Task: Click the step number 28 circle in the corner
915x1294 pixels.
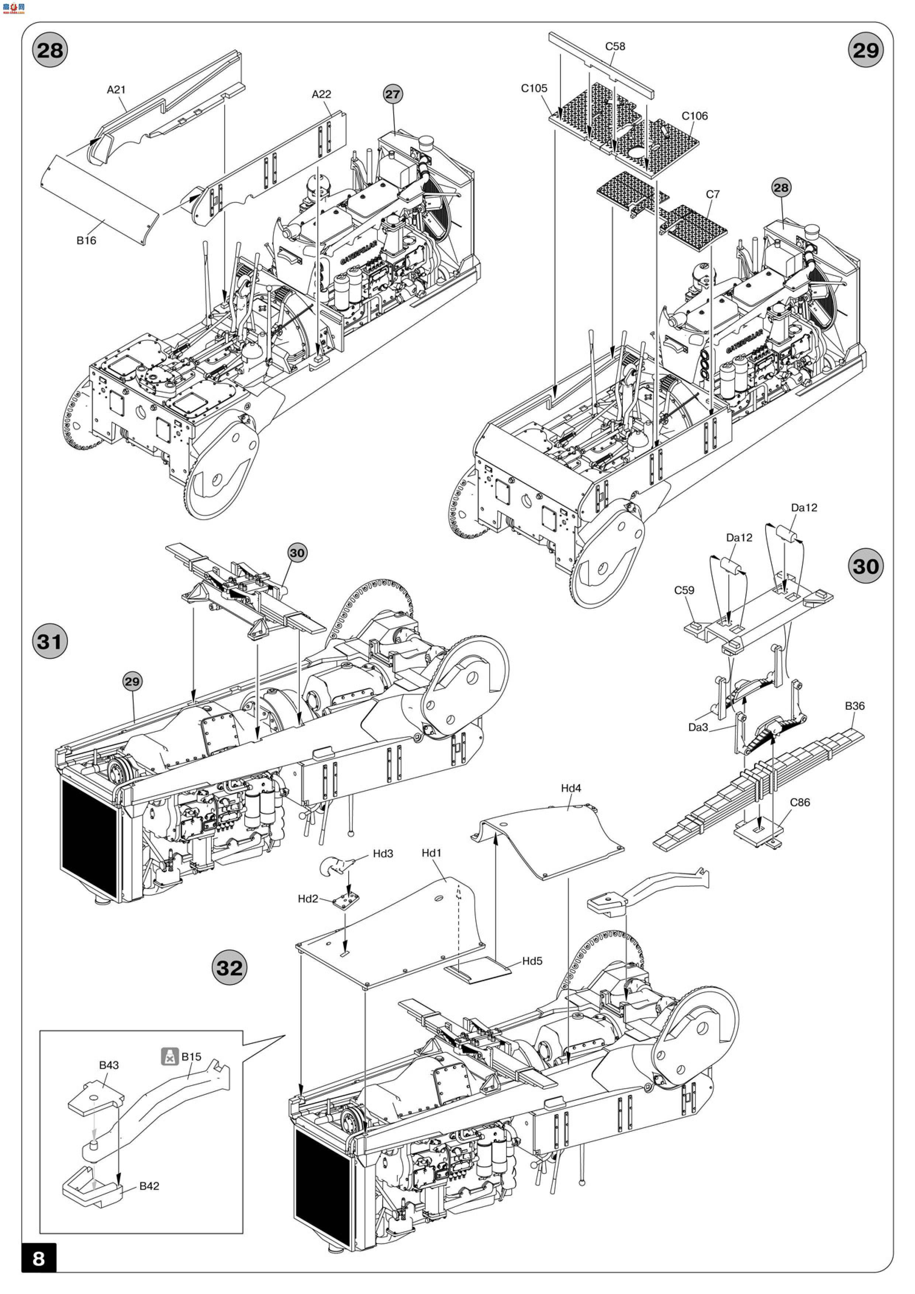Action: pos(49,51)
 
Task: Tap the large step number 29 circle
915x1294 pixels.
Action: pos(866,51)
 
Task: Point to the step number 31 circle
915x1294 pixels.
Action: pos(49,641)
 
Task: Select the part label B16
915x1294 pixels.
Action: pos(86,241)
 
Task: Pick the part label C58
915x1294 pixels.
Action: pos(615,46)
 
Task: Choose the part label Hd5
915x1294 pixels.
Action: pos(532,961)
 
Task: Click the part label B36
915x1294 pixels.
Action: pos(855,706)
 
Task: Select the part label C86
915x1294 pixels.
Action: pos(800,803)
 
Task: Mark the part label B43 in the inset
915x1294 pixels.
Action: pos(109,1065)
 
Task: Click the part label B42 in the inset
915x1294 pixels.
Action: pos(149,1186)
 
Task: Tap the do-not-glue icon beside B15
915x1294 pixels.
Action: pos(169,1057)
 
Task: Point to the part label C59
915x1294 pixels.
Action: pos(684,590)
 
